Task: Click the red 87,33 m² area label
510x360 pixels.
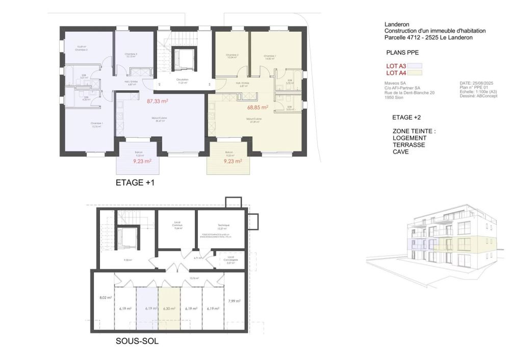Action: [x=158, y=101]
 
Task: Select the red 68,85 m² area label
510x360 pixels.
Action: [x=258, y=108]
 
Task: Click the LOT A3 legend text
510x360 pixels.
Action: [x=395, y=66]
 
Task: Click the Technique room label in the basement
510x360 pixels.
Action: [x=223, y=225]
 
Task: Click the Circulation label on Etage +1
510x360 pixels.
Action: [x=182, y=80]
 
